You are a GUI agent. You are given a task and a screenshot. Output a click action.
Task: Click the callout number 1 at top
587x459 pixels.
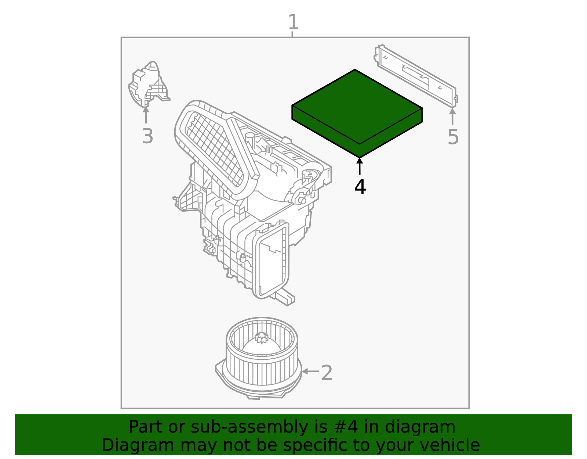[x=293, y=22]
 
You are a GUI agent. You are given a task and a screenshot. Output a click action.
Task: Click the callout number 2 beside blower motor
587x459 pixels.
[x=326, y=373]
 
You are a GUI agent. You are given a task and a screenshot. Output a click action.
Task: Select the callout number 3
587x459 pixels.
[x=147, y=136]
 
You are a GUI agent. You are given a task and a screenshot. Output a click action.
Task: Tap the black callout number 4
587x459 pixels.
[x=360, y=187]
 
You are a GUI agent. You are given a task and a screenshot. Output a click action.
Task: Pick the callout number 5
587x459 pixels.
[x=453, y=137]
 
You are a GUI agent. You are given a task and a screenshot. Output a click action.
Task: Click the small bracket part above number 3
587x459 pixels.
[x=148, y=85]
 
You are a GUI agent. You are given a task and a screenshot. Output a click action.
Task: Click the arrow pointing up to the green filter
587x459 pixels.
[x=360, y=165]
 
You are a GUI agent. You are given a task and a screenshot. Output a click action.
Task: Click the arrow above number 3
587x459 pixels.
[x=146, y=114]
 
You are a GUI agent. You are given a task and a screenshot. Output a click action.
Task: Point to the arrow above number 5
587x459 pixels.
[x=452, y=116]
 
